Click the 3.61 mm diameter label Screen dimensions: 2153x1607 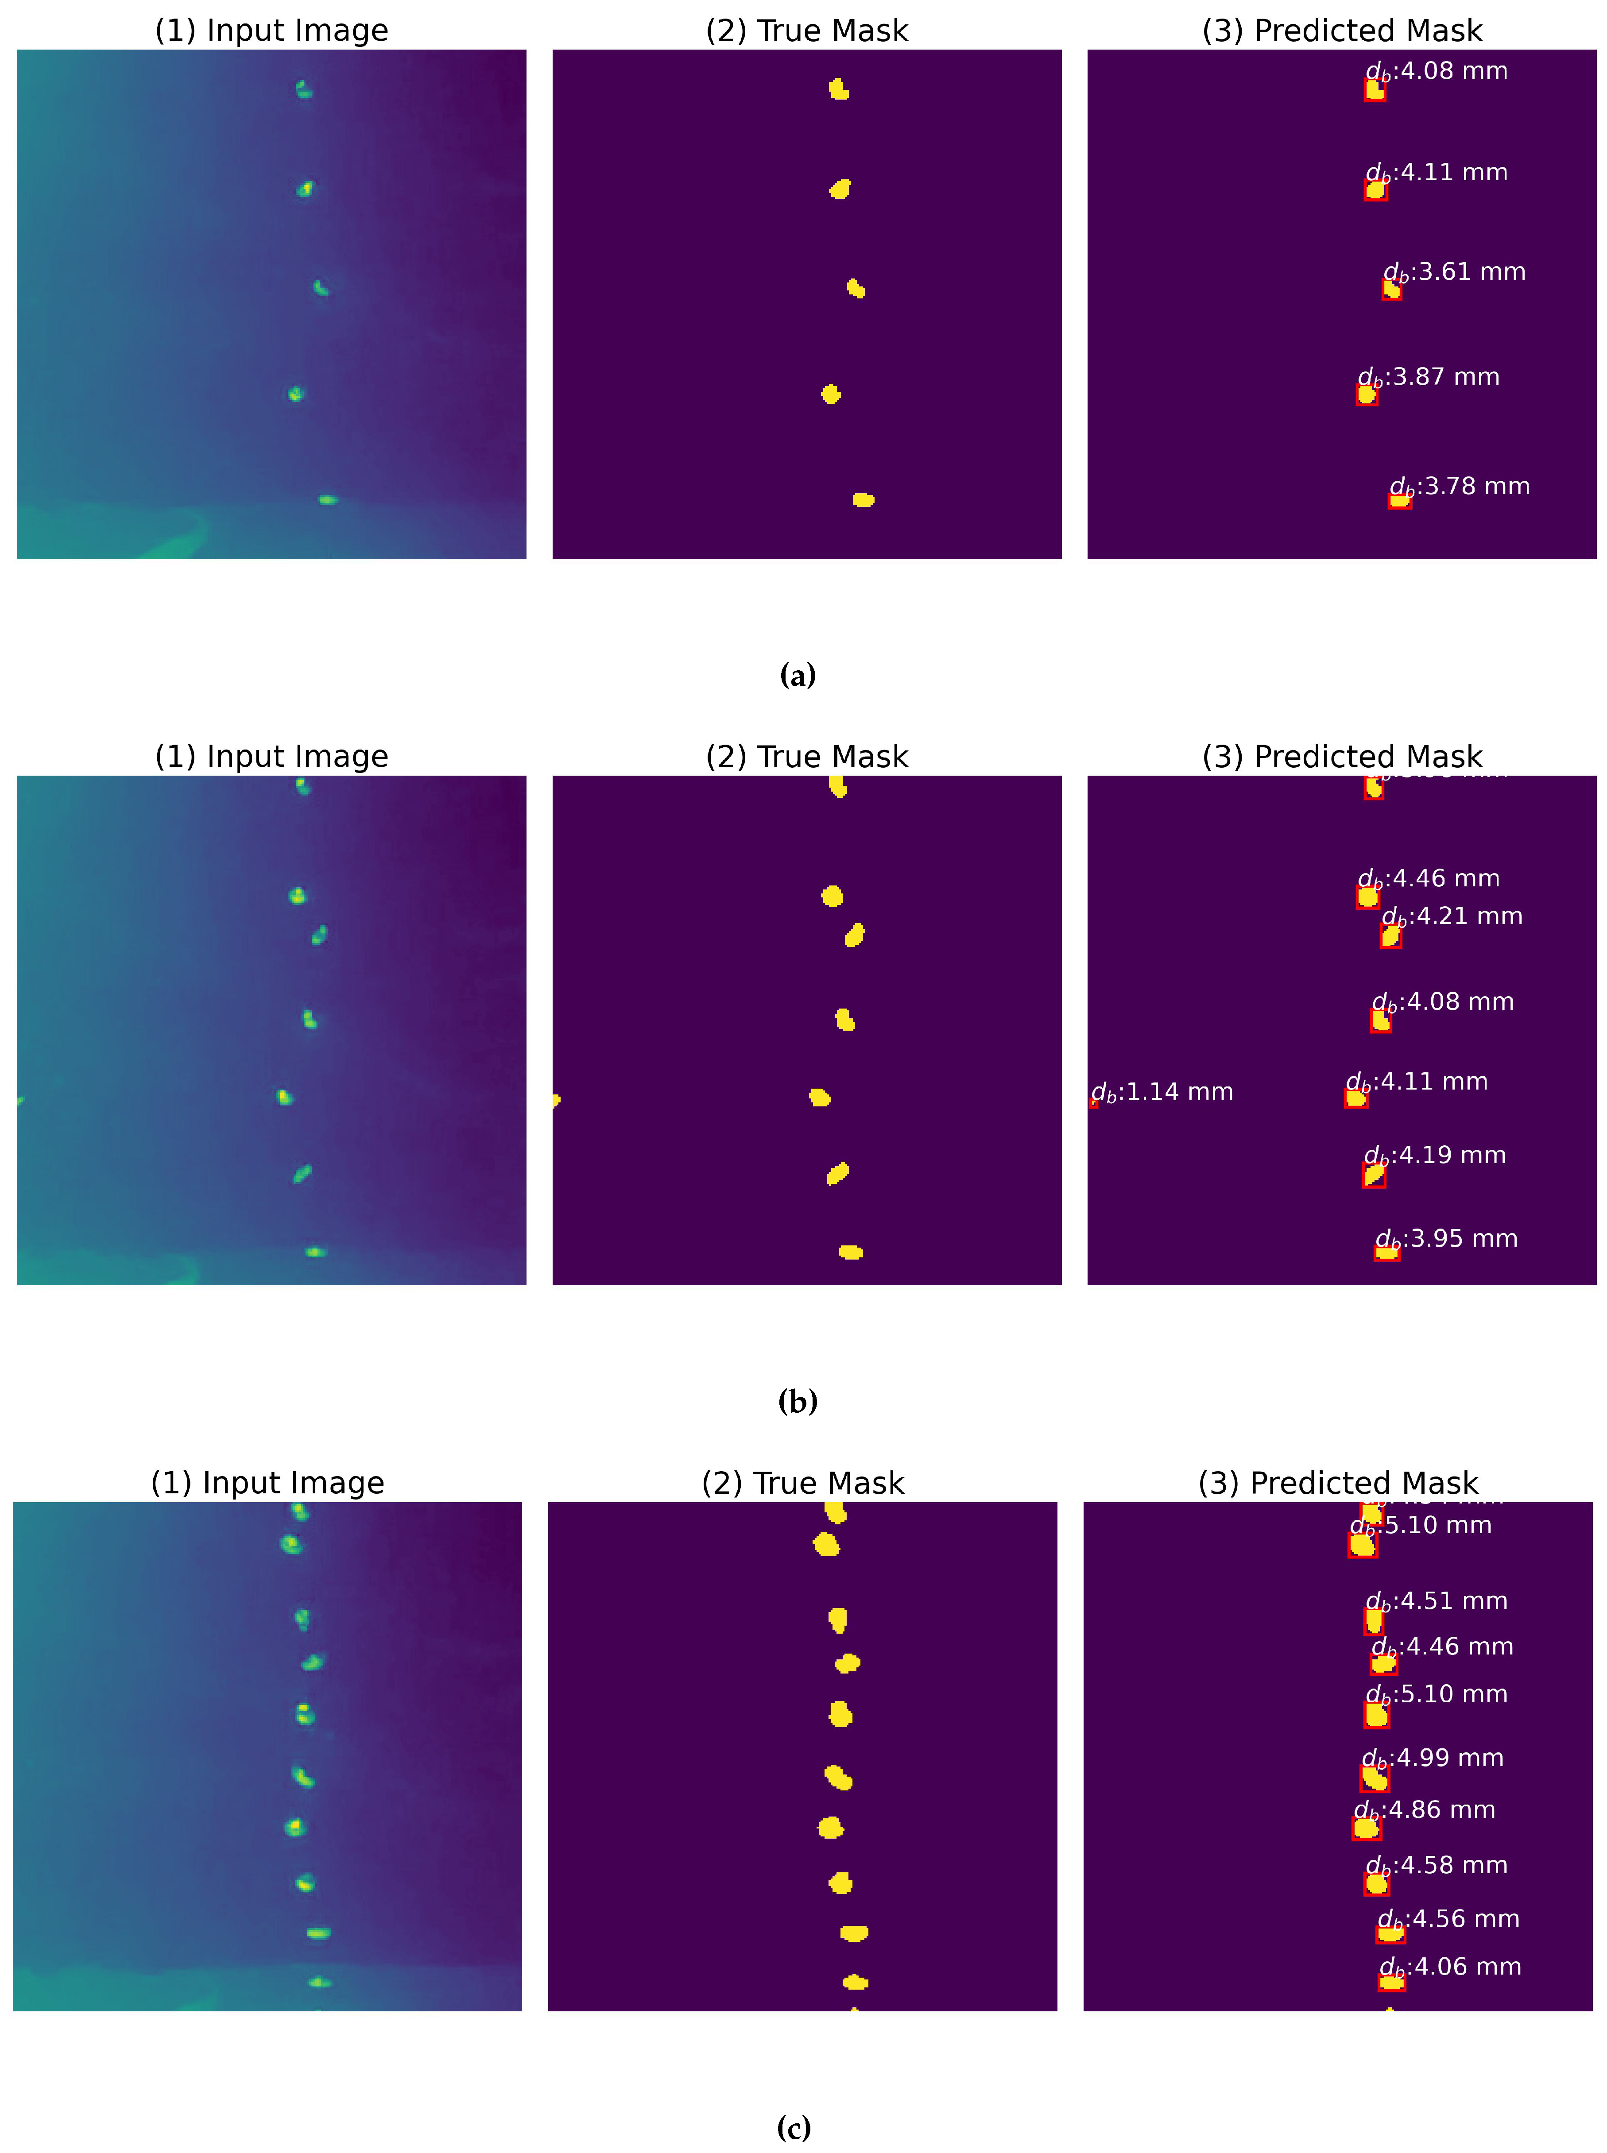pos(1454,272)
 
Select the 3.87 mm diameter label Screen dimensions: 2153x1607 pos(1428,377)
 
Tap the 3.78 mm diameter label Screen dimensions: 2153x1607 pos(1459,486)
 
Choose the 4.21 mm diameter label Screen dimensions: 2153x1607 pos(1452,916)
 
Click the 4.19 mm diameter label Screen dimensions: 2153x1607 pos(1435,1155)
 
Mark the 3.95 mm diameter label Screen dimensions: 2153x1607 pos(1447,1239)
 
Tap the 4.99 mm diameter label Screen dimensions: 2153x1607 pos(1433,1758)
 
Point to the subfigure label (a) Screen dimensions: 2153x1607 pos(798,675)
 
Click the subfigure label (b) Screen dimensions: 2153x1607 pos(798,1401)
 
